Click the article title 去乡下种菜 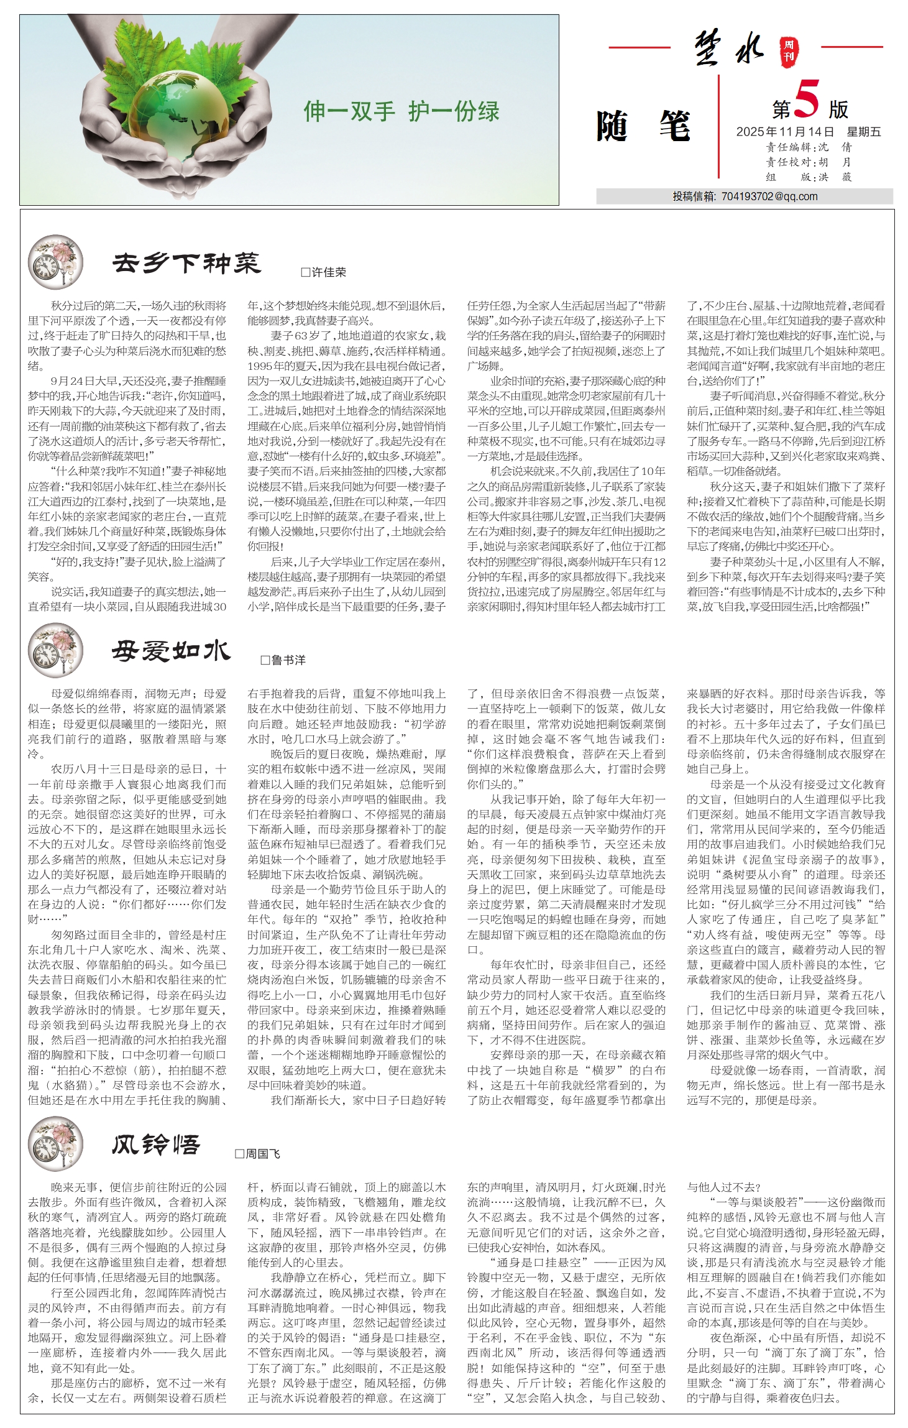coord(186,264)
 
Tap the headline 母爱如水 coord(171,652)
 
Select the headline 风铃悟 coord(156,1145)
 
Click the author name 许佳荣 coord(324,272)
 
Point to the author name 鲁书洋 coord(283,660)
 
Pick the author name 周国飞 coord(258,1154)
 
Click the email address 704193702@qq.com coord(769,196)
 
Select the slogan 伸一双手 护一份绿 coord(401,111)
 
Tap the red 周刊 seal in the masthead coord(789,50)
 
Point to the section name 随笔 coord(643,126)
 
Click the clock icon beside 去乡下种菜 coord(55,262)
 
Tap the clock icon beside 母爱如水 coord(55,650)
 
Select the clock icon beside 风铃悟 coord(55,1145)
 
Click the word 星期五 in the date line coord(863,132)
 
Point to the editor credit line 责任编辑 coord(808,147)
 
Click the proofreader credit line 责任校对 coord(808,162)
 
